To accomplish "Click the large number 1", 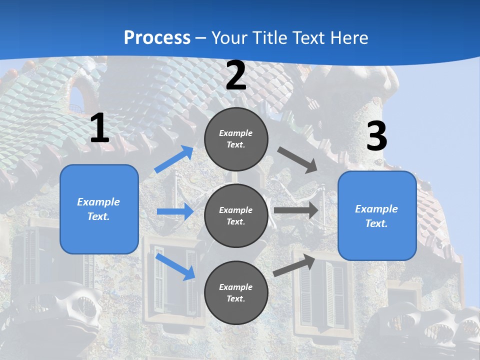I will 99,129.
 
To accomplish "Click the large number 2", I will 236,76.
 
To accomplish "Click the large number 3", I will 376,136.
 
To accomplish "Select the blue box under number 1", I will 99,209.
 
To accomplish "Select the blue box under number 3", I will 377,216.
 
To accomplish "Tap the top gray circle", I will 236,139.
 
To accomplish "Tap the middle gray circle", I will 236,215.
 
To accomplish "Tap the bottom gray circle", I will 236,292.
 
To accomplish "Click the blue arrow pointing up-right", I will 174,159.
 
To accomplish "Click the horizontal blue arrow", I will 175,211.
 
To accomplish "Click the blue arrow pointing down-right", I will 175,266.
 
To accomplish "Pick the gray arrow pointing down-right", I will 298,159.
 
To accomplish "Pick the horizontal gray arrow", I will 296,210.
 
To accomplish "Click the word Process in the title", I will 157,37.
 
